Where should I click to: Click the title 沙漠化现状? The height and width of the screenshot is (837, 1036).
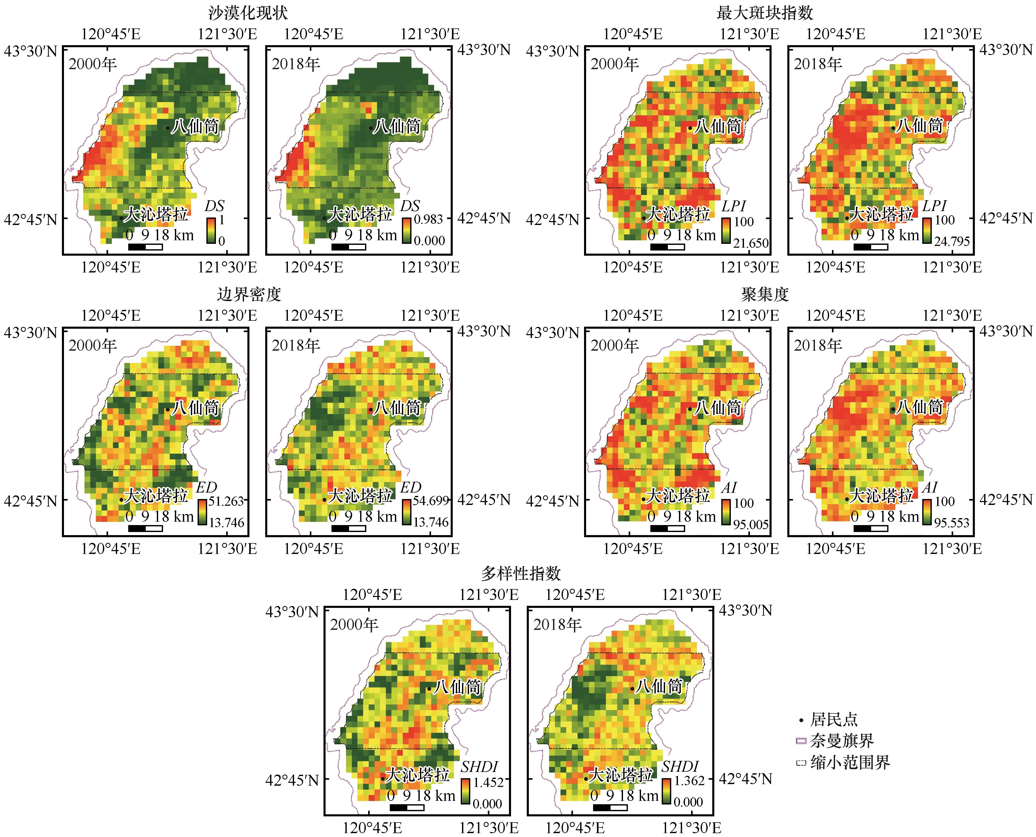point(248,13)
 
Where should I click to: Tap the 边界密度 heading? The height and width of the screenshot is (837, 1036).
point(249,294)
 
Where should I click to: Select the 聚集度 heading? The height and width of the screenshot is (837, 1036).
point(765,294)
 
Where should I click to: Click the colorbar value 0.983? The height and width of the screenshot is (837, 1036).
point(428,219)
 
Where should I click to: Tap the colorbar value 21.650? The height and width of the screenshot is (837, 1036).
point(751,243)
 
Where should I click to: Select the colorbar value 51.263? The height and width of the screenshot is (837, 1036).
point(226,501)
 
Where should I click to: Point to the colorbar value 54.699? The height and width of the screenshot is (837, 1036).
point(431,501)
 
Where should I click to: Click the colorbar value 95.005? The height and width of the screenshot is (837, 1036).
point(751,525)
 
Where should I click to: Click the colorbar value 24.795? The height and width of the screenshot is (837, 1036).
point(952,241)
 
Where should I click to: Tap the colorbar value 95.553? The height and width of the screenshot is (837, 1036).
point(952,523)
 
